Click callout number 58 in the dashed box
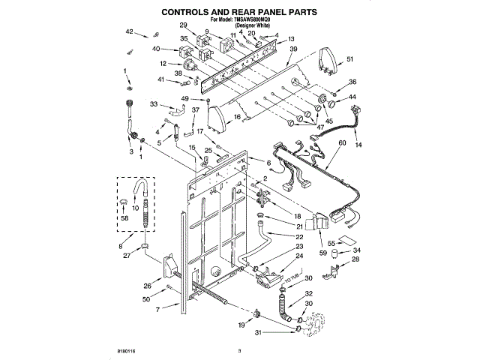(x=125, y=217)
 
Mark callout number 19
(x=241, y=324)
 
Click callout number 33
(x=154, y=103)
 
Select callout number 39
(x=293, y=49)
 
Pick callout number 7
(x=157, y=309)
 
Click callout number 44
(x=352, y=97)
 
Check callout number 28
(x=355, y=259)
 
